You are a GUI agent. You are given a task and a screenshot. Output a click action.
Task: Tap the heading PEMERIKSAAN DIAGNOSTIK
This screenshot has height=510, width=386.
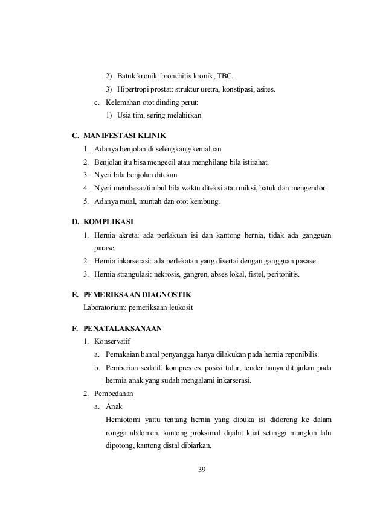[138, 295]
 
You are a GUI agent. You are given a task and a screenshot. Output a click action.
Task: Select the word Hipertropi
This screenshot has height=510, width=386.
[134, 90]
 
